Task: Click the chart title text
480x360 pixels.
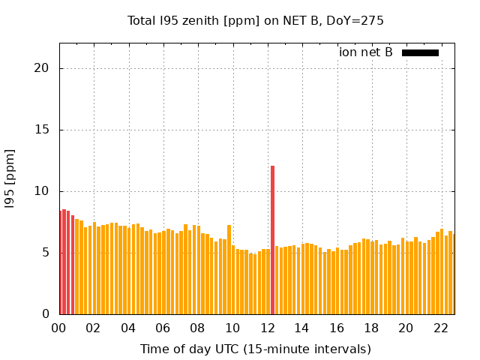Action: pyautogui.click(x=256, y=20)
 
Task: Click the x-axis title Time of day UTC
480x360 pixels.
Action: pyautogui.click(x=256, y=349)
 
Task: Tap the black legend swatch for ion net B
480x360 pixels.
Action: pyautogui.click(x=420, y=52)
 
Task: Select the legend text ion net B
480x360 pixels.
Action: pyautogui.click(x=366, y=52)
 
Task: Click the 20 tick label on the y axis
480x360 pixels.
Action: pyautogui.click(x=41, y=68)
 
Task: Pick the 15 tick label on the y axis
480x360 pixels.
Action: pyautogui.click(x=41, y=130)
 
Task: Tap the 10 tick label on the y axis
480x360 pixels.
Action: pyautogui.click(x=41, y=191)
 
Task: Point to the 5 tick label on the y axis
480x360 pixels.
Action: pyautogui.click(x=45, y=253)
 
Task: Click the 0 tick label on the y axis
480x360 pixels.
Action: pyautogui.click(x=45, y=314)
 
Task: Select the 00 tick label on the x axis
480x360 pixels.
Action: pyautogui.click(x=58, y=328)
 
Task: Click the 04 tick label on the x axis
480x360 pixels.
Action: pyautogui.click(x=128, y=328)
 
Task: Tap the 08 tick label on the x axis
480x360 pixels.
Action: pyautogui.click(x=197, y=328)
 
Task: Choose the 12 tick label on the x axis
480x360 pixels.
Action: pyautogui.click(x=267, y=328)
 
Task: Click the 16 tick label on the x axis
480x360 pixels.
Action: pyautogui.click(x=336, y=328)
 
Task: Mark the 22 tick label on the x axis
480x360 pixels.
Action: pyautogui.click(x=440, y=328)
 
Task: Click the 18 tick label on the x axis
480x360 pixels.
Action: pyautogui.click(x=371, y=328)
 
